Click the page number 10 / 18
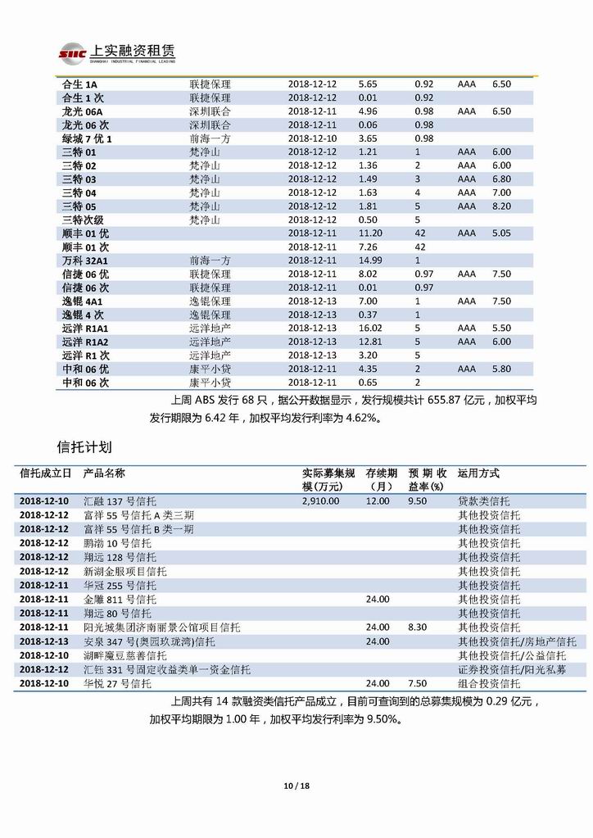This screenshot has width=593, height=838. (296, 786)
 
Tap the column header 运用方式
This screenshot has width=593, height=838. (478, 473)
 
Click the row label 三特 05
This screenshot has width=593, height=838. (79, 206)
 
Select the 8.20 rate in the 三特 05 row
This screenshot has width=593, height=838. (501, 206)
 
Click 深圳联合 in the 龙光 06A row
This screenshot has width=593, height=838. (210, 111)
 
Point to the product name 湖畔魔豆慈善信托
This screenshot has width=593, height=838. (125, 655)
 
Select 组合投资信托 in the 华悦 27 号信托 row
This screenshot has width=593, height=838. (489, 683)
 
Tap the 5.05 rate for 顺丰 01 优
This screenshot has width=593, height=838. (501, 233)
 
